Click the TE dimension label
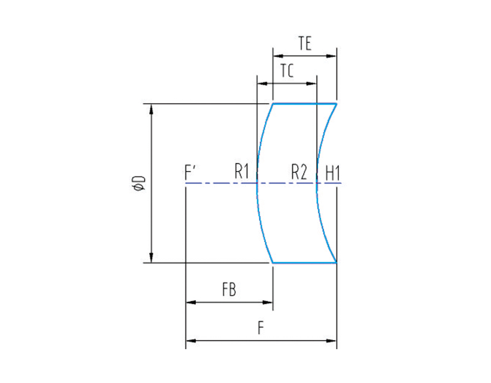click(x=304, y=44)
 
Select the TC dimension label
click(x=287, y=71)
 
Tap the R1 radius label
click(x=242, y=172)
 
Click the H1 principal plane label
click(x=332, y=173)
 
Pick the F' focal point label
click(x=190, y=172)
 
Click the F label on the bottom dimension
click(x=261, y=328)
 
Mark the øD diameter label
click(x=139, y=183)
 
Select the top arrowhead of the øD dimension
click(x=151, y=108)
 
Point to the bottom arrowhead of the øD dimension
click(x=151, y=259)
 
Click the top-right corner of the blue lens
click(x=336, y=104)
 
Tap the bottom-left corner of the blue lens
click(x=272, y=263)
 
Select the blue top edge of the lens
click(x=304, y=104)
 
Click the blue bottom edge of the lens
click(x=304, y=263)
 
